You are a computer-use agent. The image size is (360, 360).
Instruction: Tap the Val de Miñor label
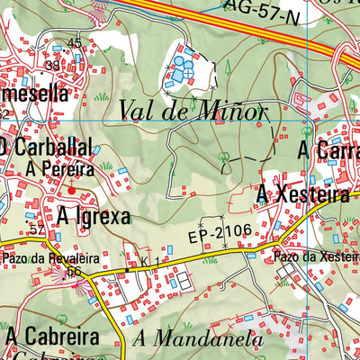coord(193,112)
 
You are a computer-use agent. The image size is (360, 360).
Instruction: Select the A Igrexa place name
coord(94,216)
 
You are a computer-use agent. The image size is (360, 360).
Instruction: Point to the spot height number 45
coord(74,43)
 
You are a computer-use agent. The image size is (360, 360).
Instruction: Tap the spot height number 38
coord(53,66)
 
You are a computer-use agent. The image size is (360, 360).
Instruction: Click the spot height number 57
coord(36,231)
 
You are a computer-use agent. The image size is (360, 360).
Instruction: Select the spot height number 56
coord(74,272)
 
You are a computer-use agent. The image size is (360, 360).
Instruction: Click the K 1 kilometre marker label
coord(149,261)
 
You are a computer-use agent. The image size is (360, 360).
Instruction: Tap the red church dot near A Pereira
coord(73,190)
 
